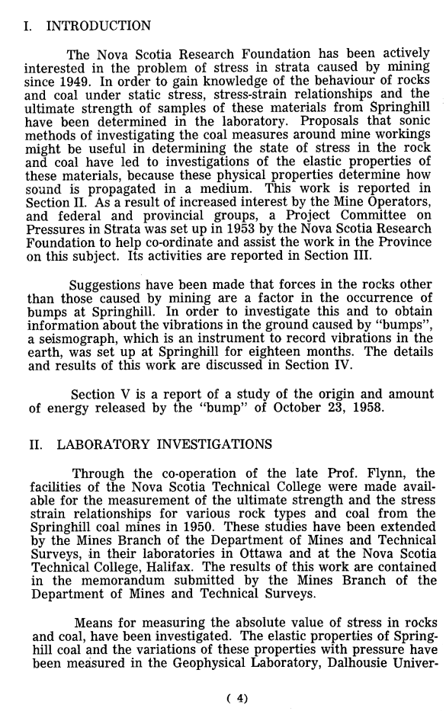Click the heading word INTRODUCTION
click(x=98, y=27)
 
